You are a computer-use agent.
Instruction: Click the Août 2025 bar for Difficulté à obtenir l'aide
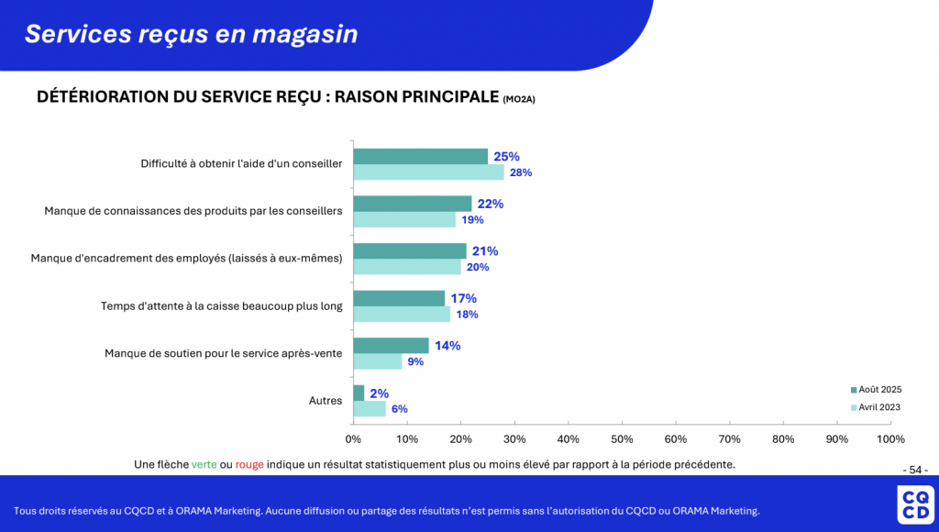420,156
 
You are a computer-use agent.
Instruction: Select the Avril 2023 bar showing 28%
428,172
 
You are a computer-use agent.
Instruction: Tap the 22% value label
491,204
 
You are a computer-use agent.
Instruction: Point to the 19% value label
473,220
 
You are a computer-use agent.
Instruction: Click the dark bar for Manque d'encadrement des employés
410,250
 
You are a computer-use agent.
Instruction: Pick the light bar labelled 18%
402,315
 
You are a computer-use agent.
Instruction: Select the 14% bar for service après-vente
391,346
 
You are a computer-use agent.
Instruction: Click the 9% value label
415,362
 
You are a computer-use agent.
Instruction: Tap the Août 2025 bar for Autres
359,393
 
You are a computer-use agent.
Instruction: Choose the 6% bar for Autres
370,409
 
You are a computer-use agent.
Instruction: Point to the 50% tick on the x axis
622,439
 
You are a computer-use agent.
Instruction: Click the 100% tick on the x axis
890,439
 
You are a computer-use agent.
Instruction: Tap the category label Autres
326,401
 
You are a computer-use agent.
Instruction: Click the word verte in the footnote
204,464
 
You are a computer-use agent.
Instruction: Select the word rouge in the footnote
249,464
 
